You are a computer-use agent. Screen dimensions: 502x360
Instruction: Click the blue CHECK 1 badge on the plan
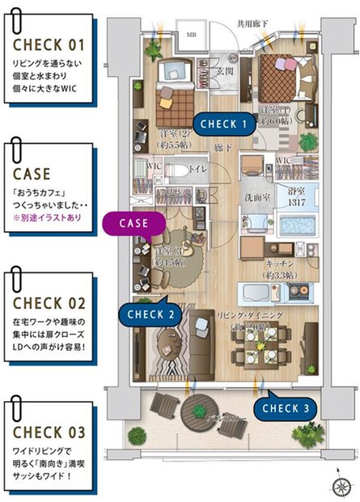click(x=223, y=124)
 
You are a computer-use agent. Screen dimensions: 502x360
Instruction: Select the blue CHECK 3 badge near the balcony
click(x=285, y=408)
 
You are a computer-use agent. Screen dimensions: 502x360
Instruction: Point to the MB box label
click(x=191, y=35)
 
